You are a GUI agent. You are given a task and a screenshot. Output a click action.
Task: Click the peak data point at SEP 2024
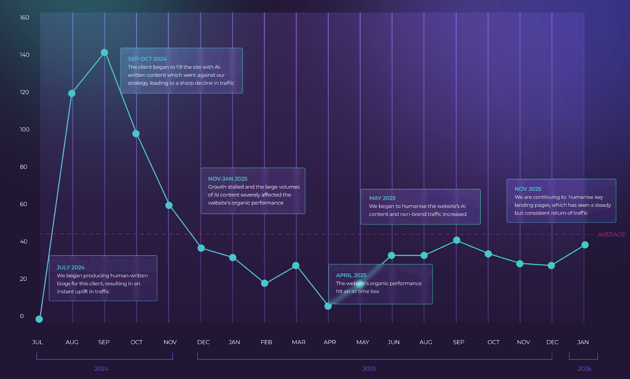tap(104, 52)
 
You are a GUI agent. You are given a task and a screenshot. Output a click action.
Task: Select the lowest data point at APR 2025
tap(328, 306)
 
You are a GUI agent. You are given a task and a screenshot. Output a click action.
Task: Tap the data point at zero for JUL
tap(39, 319)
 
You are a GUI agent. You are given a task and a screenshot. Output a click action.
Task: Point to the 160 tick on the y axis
tap(24, 18)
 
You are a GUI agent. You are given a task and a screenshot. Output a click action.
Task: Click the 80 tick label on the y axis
tap(24, 167)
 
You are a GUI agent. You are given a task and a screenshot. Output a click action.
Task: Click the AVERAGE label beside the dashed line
tap(611, 235)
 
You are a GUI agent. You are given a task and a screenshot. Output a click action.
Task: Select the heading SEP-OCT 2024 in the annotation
tap(147, 59)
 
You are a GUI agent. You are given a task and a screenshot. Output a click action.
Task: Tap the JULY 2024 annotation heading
tap(70, 268)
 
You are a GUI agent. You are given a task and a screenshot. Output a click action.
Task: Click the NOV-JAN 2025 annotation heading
tap(228, 179)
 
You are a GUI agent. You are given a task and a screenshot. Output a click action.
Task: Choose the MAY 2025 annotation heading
tap(382, 198)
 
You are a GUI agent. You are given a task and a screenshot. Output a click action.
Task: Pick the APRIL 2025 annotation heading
tap(351, 275)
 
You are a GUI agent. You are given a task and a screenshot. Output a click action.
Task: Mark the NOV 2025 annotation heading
tap(528, 189)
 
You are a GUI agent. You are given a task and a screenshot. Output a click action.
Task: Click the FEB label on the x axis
tap(266, 342)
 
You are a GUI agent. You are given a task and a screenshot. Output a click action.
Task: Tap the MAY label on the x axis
tap(363, 342)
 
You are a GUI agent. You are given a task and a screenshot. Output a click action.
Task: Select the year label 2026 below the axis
tap(584, 369)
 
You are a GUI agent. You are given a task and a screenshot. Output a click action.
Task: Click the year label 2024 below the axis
tap(101, 369)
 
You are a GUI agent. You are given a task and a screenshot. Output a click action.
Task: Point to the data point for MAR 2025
tap(296, 266)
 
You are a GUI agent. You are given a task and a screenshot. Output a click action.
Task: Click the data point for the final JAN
tap(585, 245)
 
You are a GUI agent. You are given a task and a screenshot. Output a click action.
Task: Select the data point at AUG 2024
tap(72, 93)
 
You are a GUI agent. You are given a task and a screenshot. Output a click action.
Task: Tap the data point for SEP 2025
tap(456, 240)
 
